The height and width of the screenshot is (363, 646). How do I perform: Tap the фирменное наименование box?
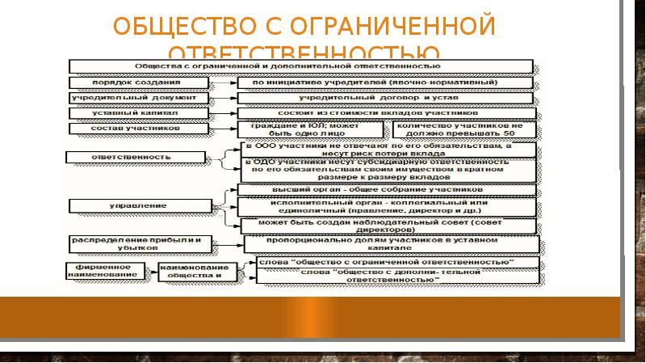(110, 270)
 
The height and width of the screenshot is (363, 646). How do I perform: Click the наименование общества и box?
(195, 270)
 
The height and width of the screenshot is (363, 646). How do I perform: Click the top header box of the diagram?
(299, 64)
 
